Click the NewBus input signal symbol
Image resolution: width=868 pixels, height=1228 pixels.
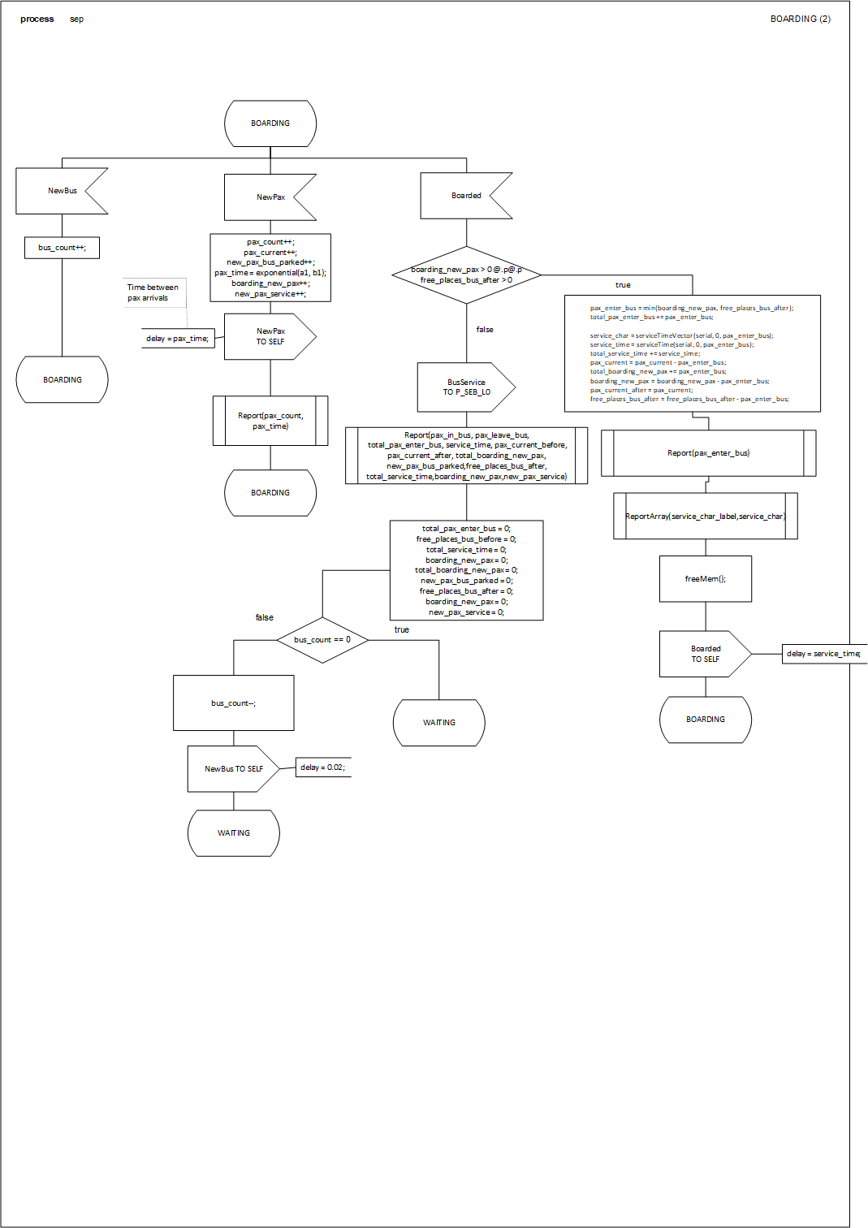coord(57,191)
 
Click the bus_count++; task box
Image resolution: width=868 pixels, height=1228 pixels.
coord(62,248)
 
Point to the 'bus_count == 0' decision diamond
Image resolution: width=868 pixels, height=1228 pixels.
coord(322,640)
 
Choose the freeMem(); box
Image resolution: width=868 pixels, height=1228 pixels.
coord(705,579)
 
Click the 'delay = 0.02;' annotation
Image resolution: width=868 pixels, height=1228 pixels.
coord(323,767)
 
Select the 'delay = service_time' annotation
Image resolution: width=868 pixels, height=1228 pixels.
coord(823,654)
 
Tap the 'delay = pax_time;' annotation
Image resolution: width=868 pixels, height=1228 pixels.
coord(178,339)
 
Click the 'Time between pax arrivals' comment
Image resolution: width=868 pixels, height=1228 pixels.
coord(153,292)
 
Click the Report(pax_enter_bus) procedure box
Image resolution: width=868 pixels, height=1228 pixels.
coord(708,453)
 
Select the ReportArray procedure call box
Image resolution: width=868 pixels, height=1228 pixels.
coord(705,517)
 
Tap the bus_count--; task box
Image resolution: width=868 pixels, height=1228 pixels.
coord(234,703)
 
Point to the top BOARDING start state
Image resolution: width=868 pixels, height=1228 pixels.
coord(270,123)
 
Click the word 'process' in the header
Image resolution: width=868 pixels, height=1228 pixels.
coord(37,19)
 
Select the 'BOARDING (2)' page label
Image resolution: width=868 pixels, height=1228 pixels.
coord(800,19)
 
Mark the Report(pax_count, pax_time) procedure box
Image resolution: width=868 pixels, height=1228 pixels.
coord(270,421)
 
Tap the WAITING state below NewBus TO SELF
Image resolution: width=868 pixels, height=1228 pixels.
coord(234,833)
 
